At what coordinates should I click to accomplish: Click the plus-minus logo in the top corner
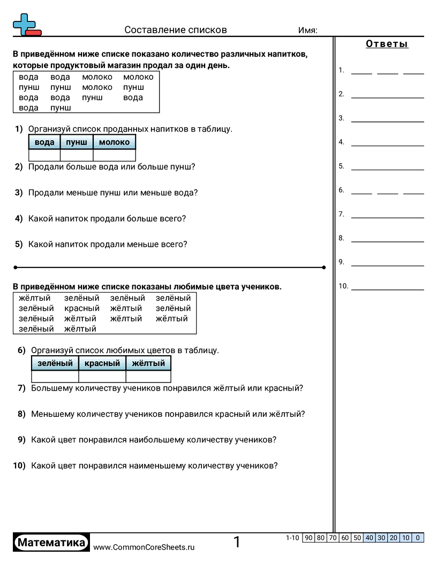(26, 25)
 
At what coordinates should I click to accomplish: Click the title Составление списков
(176, 30)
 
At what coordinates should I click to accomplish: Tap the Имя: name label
(307, 30)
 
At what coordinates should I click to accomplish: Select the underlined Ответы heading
(387, 44)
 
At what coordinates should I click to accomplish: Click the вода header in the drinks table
(44, 142)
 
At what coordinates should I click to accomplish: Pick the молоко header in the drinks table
(114, 142)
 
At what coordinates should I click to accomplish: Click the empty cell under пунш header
(77, 155)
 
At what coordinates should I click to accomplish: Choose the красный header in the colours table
(102, 363)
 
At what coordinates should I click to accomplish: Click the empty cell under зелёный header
(55, 376)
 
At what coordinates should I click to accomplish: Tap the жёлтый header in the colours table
(148, 363)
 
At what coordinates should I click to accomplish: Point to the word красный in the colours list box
(82, 308)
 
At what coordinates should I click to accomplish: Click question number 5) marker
(19, 244)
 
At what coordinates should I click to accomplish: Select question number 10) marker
(19, 465)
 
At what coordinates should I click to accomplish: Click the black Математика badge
(51, 543)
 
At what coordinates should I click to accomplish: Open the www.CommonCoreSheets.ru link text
(144, 547)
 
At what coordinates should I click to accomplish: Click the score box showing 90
(308, 538)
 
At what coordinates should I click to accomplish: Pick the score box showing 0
(418, 538)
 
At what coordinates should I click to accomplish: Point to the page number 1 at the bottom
(237, 543)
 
